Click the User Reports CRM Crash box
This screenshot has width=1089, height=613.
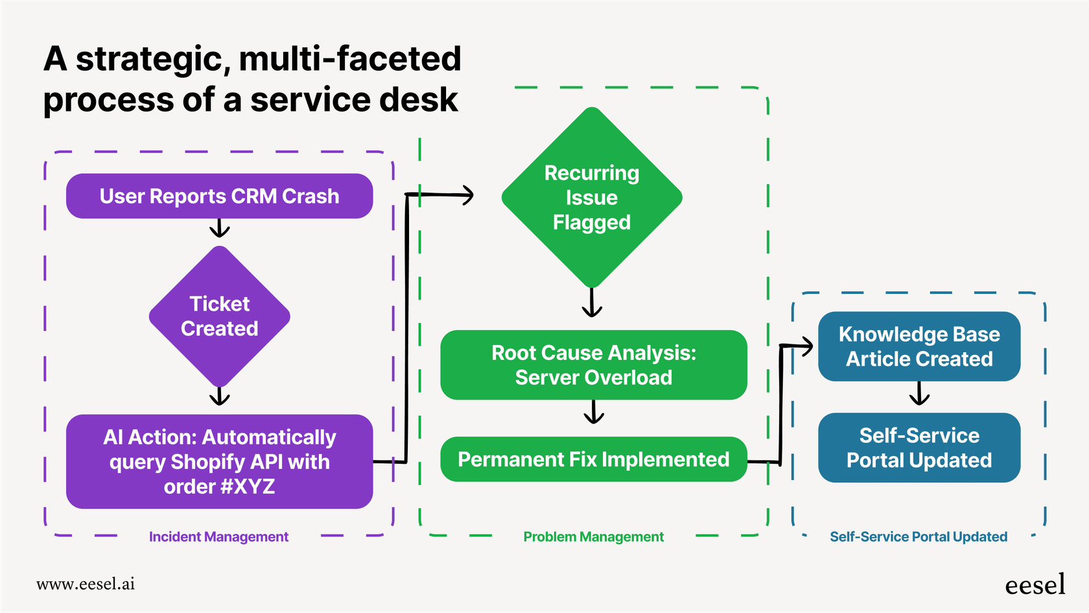click(x=219, y=196)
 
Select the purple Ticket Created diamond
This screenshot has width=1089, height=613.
click(x=219, y=317)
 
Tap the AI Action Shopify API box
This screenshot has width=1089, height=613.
click(x=219, y=461)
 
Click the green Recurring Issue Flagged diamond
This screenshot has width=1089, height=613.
click(x=591, y=197)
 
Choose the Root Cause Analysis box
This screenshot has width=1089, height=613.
click(x=593, y=365)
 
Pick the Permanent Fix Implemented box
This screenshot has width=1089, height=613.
click(x=593, y=459)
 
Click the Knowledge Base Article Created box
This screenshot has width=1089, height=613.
click(x=919, y=346)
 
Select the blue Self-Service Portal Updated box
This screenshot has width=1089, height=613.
click(x=919, y=448)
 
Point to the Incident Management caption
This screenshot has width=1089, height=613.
click(x=218, y=536)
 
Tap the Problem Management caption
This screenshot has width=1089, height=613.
click(x=593, y=536)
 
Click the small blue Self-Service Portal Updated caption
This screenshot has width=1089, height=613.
click(x=918, y=536)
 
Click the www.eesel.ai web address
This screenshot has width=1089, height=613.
click(x=86, y=584)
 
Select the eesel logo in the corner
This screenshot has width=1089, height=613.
click(x=1035, y=584)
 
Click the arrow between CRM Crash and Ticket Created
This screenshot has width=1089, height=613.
click(x=219, y=228)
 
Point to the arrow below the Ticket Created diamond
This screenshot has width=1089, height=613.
click(x=219, y=396)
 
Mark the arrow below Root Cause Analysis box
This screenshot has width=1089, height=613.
click(x=593, y=413)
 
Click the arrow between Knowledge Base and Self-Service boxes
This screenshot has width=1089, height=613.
click(x=919, y=394)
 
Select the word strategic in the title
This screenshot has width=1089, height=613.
click(x=149, y=59)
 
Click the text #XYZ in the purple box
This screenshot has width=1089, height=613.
click(x=248, y=487)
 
